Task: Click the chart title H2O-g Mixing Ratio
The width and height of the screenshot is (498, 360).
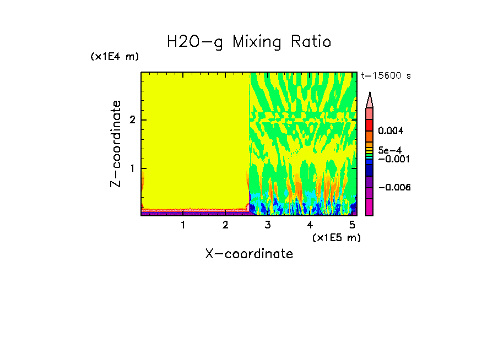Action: (249, 42)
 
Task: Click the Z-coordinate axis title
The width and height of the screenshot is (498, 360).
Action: (116, 144)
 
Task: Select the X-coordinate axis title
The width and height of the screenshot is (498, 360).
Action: (249, 254)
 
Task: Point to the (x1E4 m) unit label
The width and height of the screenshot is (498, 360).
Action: (115, 57)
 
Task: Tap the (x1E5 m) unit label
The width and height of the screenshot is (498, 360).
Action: (336, 237)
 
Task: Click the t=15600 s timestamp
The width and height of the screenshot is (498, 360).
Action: (386, 76)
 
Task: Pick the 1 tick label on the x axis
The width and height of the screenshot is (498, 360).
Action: (183, 225)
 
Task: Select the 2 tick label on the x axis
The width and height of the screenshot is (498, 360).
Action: (225, 225)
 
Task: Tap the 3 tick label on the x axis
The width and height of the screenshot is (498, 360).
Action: (268, 225)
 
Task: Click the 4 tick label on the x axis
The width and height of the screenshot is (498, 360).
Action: (310, 225)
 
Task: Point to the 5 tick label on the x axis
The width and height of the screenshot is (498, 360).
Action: (352, 225)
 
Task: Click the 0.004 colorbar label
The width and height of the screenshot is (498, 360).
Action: (391, 131)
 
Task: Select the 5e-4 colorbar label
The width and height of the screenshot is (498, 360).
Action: (389, 150)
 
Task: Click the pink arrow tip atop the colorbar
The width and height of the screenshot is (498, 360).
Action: (370, 100)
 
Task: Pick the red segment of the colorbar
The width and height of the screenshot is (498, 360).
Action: (370, 124)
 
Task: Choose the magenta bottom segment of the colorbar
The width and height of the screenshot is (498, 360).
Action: (370, 207)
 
